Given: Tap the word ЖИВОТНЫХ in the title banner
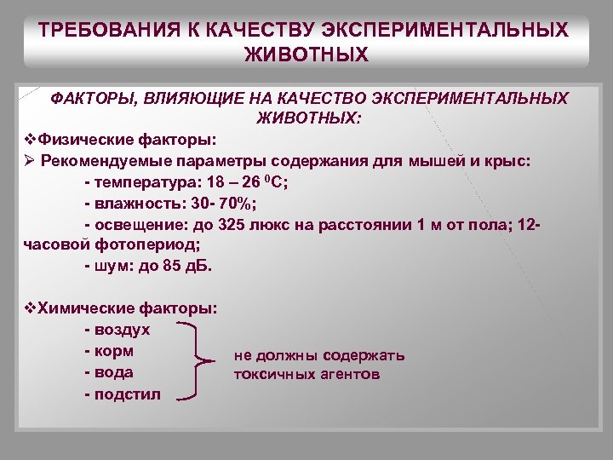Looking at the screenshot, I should point(306,55).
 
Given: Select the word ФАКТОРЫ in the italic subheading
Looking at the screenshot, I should point(89,98).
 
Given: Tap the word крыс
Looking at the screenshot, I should point(508,160).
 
